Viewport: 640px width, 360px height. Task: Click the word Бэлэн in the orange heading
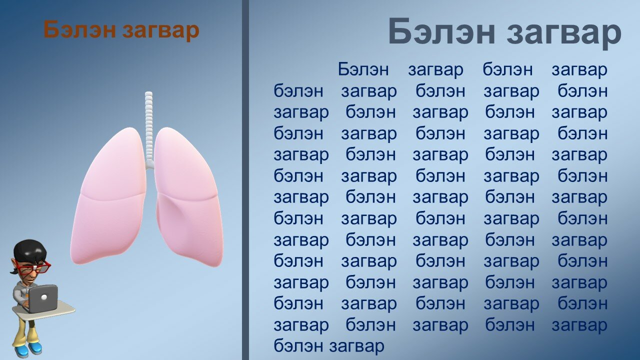(x=79, y=29)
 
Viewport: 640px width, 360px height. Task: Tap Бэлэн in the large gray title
(x=441, y=31)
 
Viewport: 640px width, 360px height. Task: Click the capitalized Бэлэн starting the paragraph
(x=363, y=69)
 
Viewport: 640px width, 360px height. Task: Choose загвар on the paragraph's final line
(x=356, y=347)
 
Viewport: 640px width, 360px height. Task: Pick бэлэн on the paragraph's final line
(x=298, y=345)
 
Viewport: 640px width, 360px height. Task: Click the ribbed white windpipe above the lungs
(x=149, y=128)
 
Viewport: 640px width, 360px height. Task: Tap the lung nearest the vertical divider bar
(x=188, y=197)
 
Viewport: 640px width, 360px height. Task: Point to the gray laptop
(x=42, y=298)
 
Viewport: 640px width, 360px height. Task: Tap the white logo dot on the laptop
(x=43, y=297)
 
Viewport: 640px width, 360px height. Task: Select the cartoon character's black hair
(x=30, y=250)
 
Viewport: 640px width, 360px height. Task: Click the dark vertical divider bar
(x=245, y=180)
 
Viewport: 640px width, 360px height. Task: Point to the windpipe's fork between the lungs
(x=149, y=165)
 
